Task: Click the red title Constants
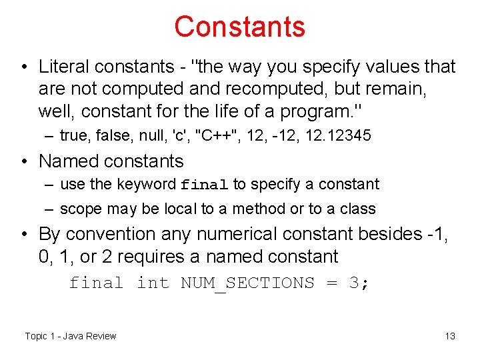coord(239,27)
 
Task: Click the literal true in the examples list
coord(74,136)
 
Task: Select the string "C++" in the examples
coord(215,136)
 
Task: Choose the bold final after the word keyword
coord(205,185)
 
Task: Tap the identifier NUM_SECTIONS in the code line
coord(247,283)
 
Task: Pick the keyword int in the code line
coord(153,283)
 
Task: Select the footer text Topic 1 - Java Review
coord(70,336)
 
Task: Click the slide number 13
coord(450,336)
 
